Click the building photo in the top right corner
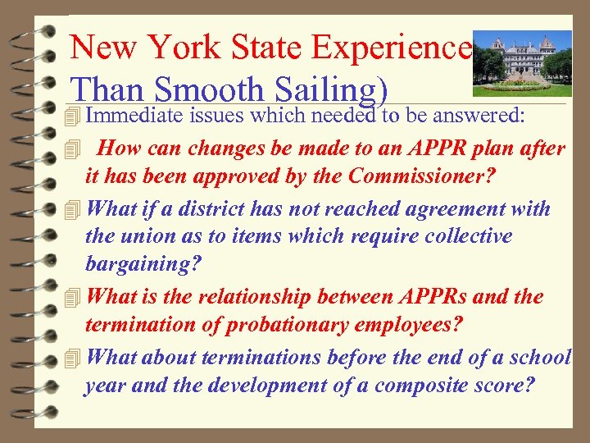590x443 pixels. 523,60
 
